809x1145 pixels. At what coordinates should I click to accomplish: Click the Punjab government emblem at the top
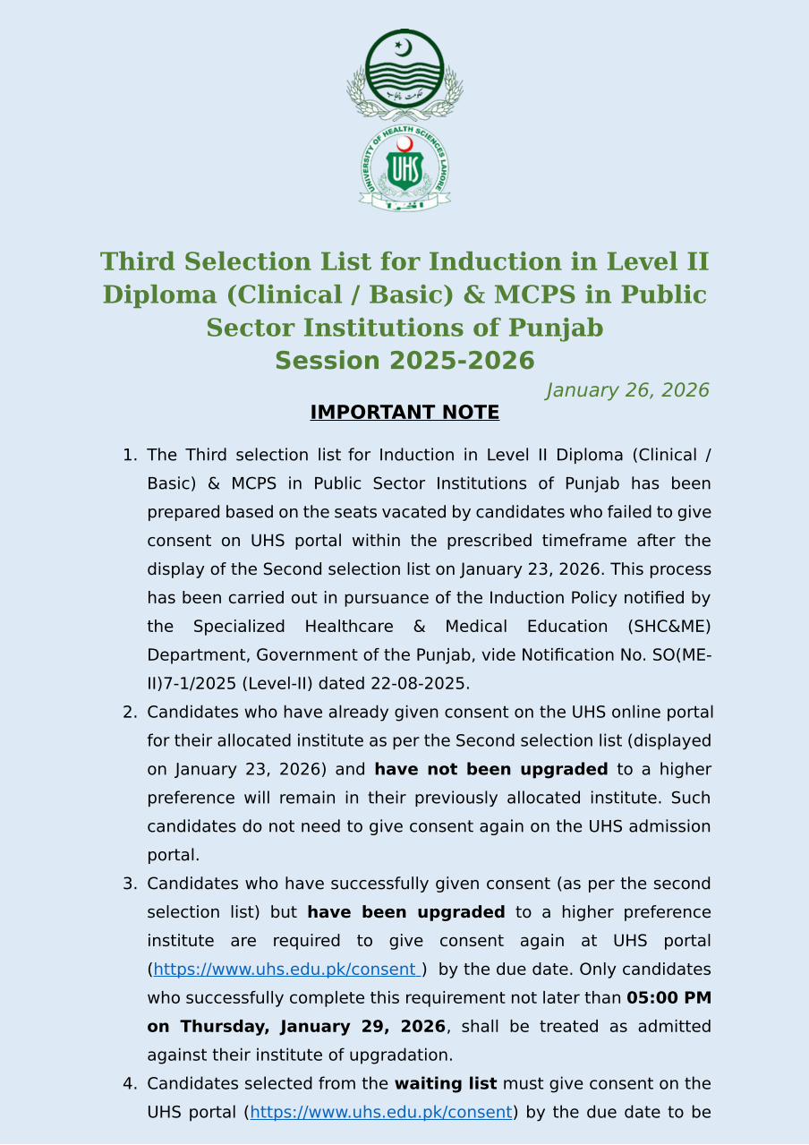404,74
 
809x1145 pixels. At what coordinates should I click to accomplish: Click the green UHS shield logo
404,168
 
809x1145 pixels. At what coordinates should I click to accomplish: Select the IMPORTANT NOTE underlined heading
404,413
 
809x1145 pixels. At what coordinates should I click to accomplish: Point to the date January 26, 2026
627,390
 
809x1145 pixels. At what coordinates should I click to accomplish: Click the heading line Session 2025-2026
404,361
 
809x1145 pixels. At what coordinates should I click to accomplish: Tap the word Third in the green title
135,261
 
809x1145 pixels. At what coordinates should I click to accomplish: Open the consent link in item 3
286,970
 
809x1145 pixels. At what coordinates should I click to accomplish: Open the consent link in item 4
381,1113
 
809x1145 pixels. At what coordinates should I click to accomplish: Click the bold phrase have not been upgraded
490,769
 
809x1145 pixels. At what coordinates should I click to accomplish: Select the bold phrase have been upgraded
406,912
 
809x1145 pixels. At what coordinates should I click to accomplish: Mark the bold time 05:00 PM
668,998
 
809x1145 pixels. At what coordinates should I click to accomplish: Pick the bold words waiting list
446,1084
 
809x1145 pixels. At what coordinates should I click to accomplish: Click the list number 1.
128,456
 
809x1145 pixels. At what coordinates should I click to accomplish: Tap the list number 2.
128,713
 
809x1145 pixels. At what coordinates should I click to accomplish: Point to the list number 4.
128,1084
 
